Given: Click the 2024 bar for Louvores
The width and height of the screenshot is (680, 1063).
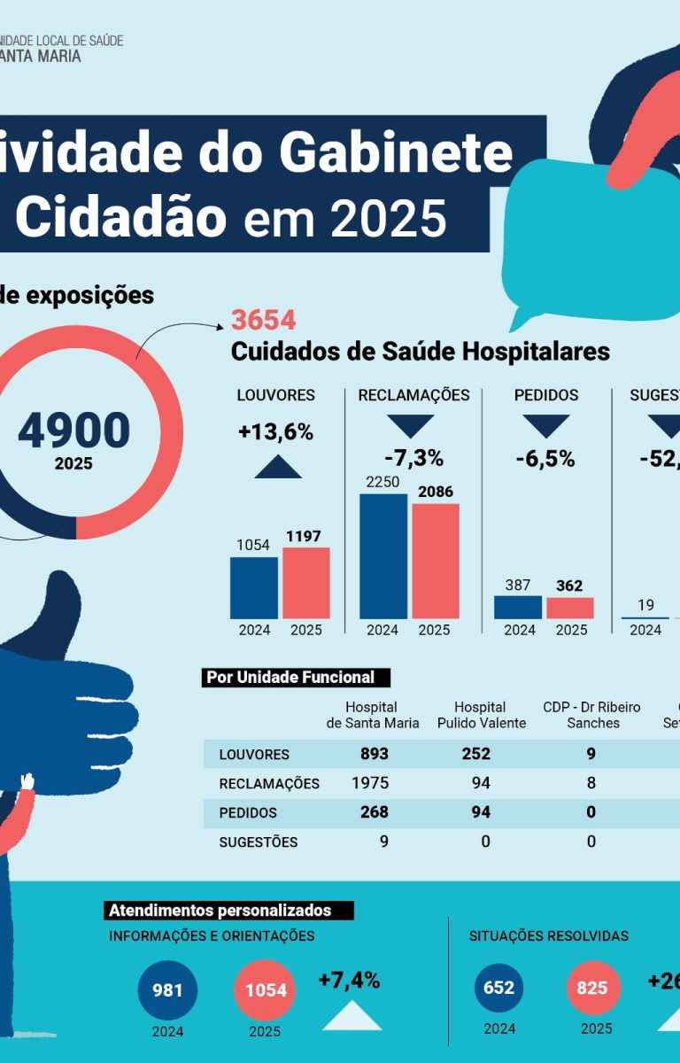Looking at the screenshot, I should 253,587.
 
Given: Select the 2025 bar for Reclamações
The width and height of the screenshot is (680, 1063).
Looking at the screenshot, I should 435,561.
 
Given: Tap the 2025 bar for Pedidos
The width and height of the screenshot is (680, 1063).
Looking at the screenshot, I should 570,608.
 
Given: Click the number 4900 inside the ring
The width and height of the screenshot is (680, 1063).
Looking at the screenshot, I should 73,431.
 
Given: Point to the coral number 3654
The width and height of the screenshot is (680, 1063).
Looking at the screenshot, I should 263,321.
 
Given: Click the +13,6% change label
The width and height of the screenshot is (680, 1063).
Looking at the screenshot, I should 276,432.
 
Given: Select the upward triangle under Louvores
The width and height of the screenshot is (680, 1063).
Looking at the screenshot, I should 278,467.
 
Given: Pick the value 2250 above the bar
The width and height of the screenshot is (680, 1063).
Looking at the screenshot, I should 382,482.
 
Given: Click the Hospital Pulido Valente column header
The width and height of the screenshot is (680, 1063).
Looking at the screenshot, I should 481,715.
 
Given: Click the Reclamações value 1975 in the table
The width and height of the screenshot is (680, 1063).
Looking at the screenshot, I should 371,783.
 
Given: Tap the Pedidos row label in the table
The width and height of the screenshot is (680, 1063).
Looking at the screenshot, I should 248,812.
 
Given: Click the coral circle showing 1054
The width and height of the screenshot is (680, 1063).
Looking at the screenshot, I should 266,989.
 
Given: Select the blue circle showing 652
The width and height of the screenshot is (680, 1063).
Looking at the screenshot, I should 499,988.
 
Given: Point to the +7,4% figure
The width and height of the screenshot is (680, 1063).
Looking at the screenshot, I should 349,981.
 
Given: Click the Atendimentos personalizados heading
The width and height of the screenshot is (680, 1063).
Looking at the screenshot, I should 229,911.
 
